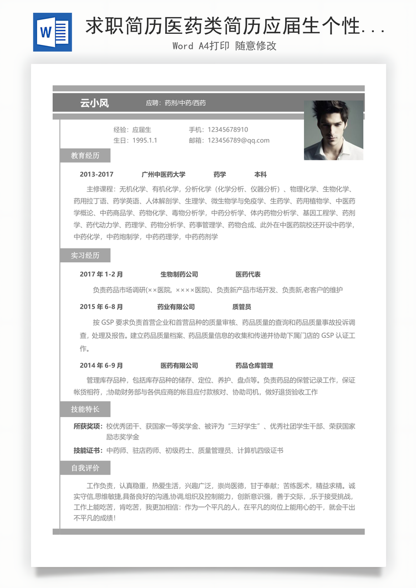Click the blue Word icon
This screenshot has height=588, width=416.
point(52,32)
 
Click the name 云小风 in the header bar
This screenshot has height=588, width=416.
point(94,103)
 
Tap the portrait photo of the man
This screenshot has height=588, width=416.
point(333,130)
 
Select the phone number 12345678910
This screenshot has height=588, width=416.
point(228,130)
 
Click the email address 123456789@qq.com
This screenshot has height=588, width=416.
point(239,140)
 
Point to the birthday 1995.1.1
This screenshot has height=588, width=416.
point(145,140)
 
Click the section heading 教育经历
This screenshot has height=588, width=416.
point(85,156)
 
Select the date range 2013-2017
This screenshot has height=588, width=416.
point(97,174)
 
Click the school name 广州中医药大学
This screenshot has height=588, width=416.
point(164,174)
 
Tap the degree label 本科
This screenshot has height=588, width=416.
point(261,174)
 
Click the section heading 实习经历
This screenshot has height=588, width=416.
point(85,256)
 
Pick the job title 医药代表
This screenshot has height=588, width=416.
point(248,274)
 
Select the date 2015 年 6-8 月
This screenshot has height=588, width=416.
point(102,307)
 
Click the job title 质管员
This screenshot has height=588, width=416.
point(241,307)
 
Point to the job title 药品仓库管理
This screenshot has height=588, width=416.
point(254,366)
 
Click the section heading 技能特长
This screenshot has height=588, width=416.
point(85,409)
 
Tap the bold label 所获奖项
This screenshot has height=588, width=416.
point(88,426)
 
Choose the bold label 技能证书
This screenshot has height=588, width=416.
point(88,450)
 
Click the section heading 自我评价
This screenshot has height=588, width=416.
point(85,468)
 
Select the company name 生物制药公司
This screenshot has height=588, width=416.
point(179,274)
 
